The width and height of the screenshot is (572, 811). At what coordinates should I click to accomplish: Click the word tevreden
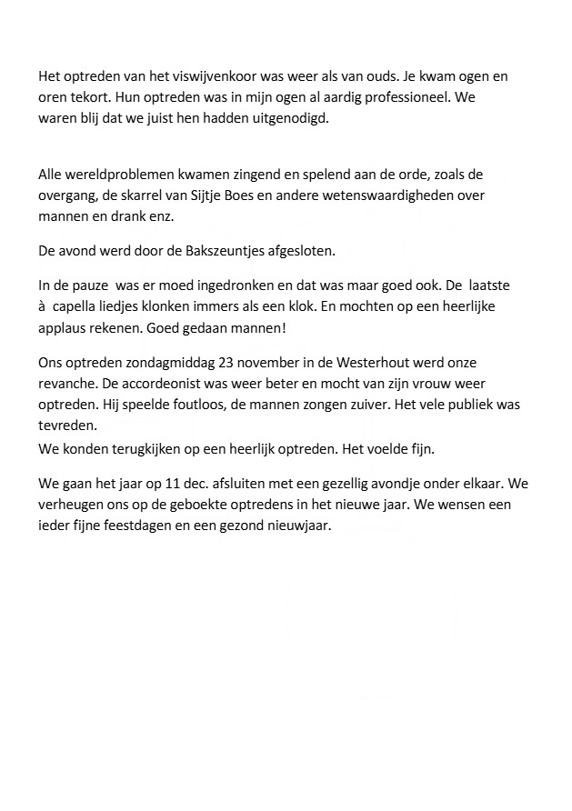[x=67, y=423]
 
